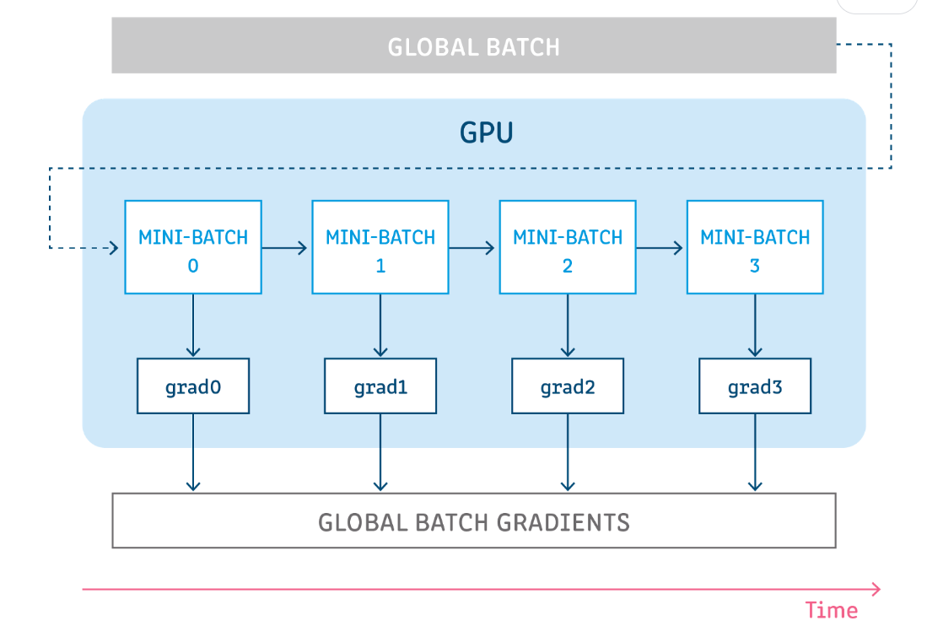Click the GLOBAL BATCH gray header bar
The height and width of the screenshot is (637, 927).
pyautogui.click(x=473, y=46)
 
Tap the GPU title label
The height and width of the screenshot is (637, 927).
pyautogui.click(x=486, y=132)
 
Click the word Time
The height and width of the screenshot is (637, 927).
pyautogui.click(x=831, y=610)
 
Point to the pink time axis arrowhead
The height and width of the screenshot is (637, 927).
pyautogui.click(x=876, y=589)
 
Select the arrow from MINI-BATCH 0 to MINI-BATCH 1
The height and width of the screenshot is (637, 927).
pyautogui.click(x=284, y=248)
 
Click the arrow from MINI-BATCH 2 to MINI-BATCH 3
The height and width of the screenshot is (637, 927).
pyautogui.click(x=659, y=248)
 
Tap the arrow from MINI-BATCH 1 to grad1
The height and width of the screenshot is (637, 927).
pyautogui.click(x=380, y=326)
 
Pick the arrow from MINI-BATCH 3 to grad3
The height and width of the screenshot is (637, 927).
pyautogui.click(x=755, y=326)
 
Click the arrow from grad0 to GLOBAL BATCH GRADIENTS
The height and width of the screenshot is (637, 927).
pyautogui.click(x=192, y=452)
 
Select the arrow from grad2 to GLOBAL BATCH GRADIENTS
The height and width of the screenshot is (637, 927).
pyautogui.click(x=568, y=452)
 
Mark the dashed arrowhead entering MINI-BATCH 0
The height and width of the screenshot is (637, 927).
pyautogui.click(x=114, y=248)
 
